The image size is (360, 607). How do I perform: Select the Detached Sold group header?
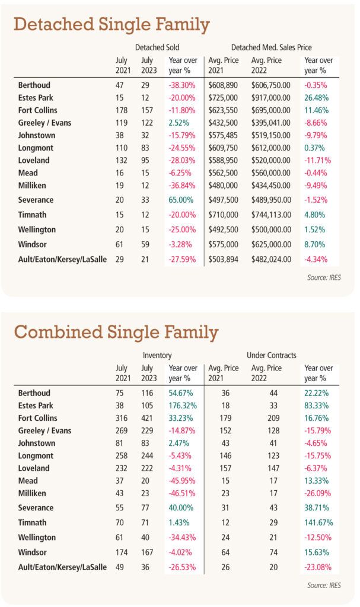point(157,47)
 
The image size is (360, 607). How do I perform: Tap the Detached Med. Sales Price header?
point(271,47)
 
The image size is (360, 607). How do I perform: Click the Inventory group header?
point(157,356)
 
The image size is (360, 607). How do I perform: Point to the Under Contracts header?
point(271,355)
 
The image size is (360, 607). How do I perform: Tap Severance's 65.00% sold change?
point(181,200)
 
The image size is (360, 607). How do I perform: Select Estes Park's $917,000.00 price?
point(270,98)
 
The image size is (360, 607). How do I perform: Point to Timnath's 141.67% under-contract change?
point(318,523)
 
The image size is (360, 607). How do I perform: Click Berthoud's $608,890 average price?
point(223,85)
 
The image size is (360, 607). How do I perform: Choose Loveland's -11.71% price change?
point(317,161)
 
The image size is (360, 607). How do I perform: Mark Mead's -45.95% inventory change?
point(181,481)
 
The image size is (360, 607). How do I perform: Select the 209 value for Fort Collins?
point(273,418)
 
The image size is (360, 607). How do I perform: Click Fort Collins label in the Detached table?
point(37,110)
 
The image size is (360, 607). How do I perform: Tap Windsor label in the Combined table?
point(32,552)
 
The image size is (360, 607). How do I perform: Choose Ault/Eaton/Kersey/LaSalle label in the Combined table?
point(62,567)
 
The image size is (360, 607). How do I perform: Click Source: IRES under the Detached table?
point(324,277)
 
